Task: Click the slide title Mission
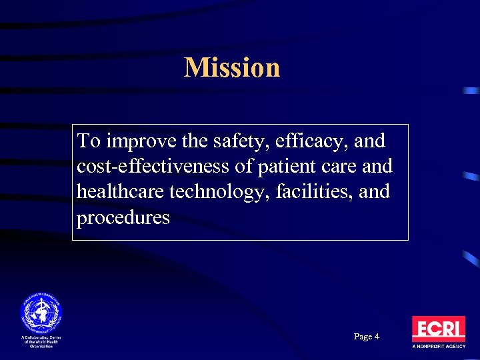pos(232,67)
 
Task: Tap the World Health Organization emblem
pos(40,312)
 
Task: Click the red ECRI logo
pos(438,329)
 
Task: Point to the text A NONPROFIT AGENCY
pos(438,347)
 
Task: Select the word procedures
pos(123,217)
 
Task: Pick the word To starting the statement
pos(88,142)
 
